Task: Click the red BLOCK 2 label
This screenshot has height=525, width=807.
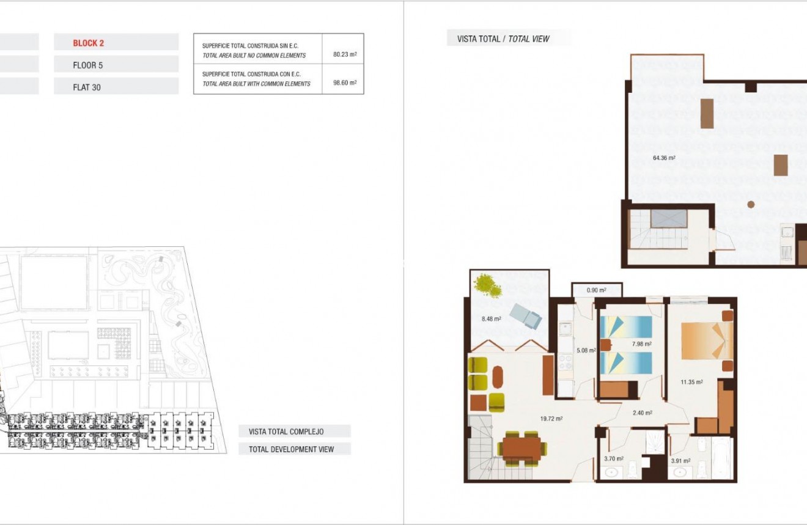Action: pyautogui.click(x=89, y=43)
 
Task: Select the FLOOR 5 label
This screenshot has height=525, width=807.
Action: pyautogui.click(x=87, y=65)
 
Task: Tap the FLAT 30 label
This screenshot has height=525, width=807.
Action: pyautogui.click(x=87, y=87)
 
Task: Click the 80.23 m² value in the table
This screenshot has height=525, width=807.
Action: pyautogui.click(x=345, y=54)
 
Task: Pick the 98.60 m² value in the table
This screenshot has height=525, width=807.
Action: pyautogui.click(x=345, y=83)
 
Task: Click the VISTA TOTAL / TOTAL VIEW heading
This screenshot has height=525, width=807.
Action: pyautogui.click(x=503, y=39)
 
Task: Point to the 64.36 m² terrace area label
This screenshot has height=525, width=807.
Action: pyautogui.click(x=664, y=158)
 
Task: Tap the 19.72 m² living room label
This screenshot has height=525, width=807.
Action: pyautogui.click(x=551, y=419)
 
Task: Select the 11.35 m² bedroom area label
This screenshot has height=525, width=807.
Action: pyautogui.click(x=691, y=382)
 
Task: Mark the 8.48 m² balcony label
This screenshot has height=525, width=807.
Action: pyautogui.click(x=491, y=318)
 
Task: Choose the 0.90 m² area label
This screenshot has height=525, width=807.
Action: pyautogui.click(x=596, y=290)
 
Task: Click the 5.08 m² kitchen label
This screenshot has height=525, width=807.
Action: pyautogui.click(x=586, y=351)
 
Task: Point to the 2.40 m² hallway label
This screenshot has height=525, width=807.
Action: pyautogui.click(x=642, y=413)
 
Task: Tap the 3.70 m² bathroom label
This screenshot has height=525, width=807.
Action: pyautogui.click(x=613, y=458)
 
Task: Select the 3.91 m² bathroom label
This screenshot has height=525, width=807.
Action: pyautogui.click(x=680, y=461)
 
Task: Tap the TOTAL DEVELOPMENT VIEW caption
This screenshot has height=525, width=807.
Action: pyautogui.click(x=291, y=449)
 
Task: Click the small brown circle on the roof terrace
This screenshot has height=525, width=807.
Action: pyautogui.click(x=751, y=205)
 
